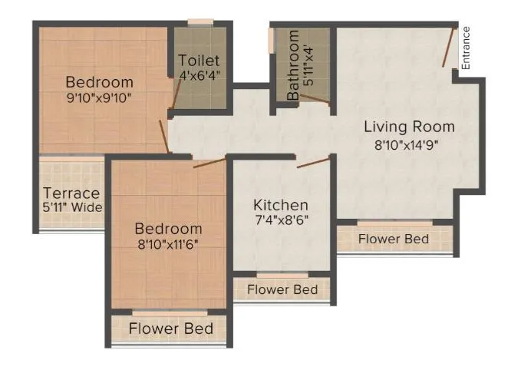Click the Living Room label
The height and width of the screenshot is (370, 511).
[x=409, y=127]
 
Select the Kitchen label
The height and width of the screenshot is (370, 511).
[x=281, y=205]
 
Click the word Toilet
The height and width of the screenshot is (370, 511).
[x=199, y=61]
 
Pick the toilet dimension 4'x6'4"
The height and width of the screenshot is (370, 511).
[x=199, y=75]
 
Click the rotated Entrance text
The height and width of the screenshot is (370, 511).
[x=466, y=46]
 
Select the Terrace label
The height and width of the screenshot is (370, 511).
[x=71, y=193]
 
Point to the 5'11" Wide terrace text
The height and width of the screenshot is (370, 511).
[x=73, y=207]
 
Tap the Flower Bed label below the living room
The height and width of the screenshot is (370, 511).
[x=394, y=239]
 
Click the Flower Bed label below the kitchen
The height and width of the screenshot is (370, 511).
[x=283, y=289]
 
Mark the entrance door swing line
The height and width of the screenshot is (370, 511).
[x=449, y=48]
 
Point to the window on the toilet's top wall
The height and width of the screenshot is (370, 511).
[x=200, y=23]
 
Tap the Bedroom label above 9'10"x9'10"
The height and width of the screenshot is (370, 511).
[x=99, y=82]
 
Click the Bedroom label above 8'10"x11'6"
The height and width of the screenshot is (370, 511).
[x=169, y=229]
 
